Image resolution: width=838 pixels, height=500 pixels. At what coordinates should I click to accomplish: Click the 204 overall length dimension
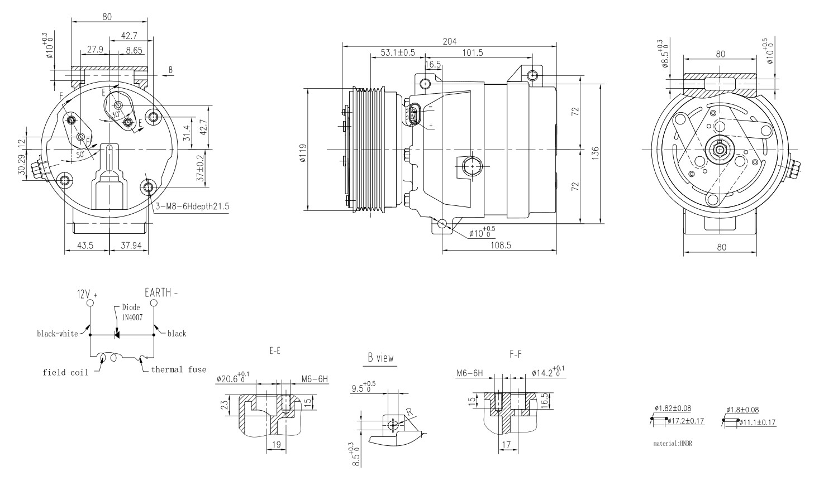pyautogui.click(x=449, y=41)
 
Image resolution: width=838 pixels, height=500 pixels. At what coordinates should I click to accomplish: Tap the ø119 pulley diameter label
pyautogui.click(x=303, y=152)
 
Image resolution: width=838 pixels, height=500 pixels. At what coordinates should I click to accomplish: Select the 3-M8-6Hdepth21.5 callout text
pyautogui.click(x=192, y=206)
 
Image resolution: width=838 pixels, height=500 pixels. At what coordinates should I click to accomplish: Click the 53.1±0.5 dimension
pyautogui.click(x=398, y=53)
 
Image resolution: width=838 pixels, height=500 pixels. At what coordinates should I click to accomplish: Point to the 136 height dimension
pyautogui.click(x=596, y=152)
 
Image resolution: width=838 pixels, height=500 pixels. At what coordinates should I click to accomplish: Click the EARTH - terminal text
pyautogui.click(x=161, y=292)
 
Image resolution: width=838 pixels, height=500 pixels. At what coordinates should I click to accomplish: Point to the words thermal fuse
pyautogui.click(x=178, y=369)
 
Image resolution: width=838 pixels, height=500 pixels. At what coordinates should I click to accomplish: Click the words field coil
pyautogui.click(x=65, y=372)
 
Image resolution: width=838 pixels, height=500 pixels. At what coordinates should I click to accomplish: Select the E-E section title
pyautogui.click(x=274, y=352)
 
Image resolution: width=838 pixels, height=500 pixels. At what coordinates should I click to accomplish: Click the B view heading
pyautogui.click(x=380, y=358)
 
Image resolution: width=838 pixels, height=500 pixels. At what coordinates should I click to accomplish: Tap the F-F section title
pyautogui.click(x=516, y=354)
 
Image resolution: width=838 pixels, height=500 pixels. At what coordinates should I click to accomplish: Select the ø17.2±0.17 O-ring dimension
pyautogui.click(x=685, y=421)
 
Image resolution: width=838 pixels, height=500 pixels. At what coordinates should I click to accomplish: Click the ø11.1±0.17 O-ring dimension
pyautogui.click(x=757, y=422)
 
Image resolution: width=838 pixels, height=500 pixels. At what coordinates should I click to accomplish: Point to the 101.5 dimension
pyautogui.click(x=473, y=53)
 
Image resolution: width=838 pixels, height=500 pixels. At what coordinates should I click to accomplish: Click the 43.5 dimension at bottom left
pyautogui.click(x=85, y=245)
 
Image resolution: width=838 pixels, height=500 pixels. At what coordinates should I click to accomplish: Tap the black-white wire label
pyautogui.click(x=58, y=334)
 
